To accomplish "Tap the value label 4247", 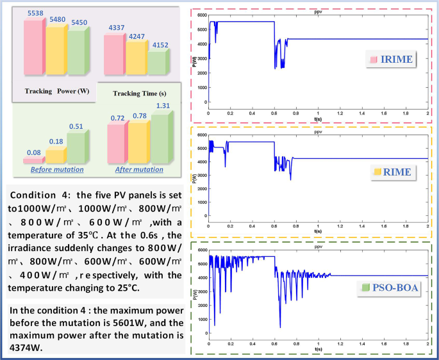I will click(x=136, y=37).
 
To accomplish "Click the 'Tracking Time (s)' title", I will click(x=135, y=94).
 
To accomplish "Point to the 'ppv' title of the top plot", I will click(x=318, y=13).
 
